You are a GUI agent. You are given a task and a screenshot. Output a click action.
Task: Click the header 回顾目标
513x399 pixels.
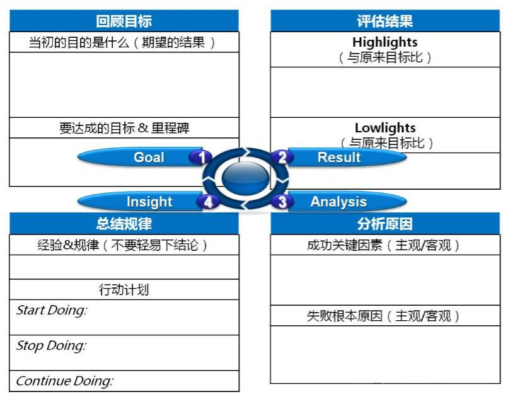pyautogui.click(x=124, y=21)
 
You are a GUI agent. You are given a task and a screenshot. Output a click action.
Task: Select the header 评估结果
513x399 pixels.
pyautogui.click(x=385, y=21)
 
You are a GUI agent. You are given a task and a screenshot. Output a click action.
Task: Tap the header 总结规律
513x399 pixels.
pyautogui.click(x=124, y=224)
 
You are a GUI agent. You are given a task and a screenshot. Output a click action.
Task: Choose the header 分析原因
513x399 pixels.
pyautogui.click(x=385, y=224)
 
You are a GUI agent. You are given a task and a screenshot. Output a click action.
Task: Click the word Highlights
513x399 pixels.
pyautogui.click(x=385, y=42)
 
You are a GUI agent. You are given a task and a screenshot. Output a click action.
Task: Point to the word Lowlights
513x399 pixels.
pyautogui.click(x=386, y=128)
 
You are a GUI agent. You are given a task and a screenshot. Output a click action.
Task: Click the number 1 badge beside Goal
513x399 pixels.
pyautogui.click(x=201, y=157)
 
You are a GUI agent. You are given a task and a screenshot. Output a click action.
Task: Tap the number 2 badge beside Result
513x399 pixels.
pyautogui.click(x=282, y=157)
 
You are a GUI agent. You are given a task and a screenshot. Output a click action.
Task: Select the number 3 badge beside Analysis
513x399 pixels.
pyautogui.click(x=282, y=201)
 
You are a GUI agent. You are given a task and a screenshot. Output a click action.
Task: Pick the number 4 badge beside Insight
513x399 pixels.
pyautogui.click(x=208, y=202)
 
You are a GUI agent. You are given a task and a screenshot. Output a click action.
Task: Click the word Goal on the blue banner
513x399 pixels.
pyautogui.click(x=149, y=157)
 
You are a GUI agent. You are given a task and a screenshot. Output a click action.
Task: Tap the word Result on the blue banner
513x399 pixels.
pyautogui.click(x=339, y=157)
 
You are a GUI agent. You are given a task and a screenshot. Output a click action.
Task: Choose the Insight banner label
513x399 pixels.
pyautogui.click(x=149, y=202)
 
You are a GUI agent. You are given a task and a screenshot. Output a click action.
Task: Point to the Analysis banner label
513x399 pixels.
pyautogui.click(x=338, y=202)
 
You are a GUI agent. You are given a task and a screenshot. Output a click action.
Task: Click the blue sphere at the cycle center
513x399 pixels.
pyautogui.click(x=245, y=178)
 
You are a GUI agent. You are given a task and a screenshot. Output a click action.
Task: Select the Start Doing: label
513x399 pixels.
pyautogui.click(x=52, y=310)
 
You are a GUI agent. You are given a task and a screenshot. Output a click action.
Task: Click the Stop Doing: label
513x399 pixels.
pyautogui.click(x=52, y=345)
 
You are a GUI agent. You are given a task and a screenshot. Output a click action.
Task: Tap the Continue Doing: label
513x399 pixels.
pyautogui.click(x=65, y=381)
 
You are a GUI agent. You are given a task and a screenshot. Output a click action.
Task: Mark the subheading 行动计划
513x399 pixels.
pyautogui.click(x=124, y=290)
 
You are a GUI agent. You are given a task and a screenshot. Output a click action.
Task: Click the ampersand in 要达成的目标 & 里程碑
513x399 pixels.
pyautogui.click(x=143, y=128)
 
